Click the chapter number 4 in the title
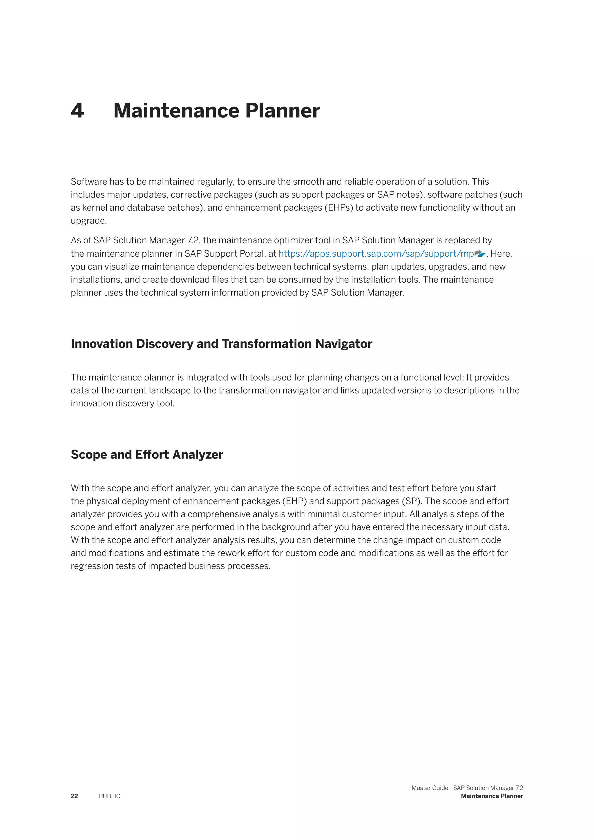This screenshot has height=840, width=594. point(77,111)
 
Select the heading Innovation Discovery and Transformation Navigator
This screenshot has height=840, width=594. point(221,344)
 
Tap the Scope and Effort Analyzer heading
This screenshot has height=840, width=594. point(147,455)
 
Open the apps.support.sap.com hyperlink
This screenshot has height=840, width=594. point(376,254)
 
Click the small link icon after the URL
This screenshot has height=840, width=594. point(479,253)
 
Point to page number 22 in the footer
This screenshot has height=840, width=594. point(74,796)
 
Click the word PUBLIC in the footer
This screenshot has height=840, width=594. point(109,796)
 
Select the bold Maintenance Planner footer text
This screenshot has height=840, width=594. point(492,796)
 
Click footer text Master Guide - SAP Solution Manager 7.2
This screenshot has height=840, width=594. point(467,788)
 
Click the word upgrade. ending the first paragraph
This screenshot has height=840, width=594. point(88,221)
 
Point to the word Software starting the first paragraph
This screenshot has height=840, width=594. point(88,182)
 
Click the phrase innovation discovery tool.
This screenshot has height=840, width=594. point(122,403)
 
